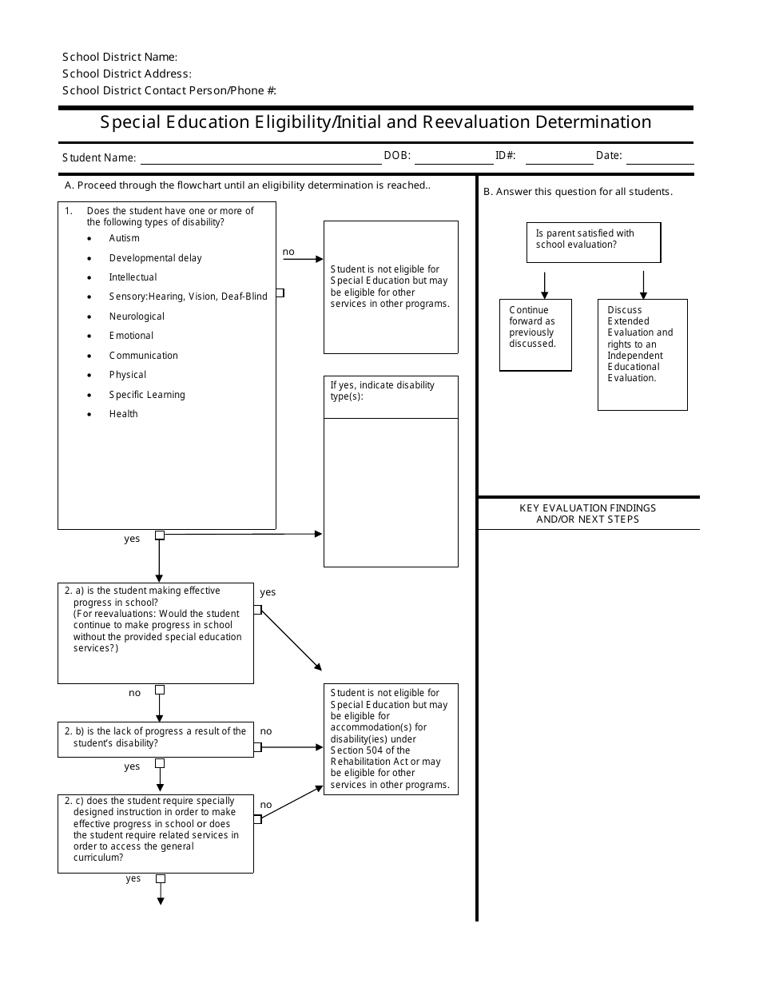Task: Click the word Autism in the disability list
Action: [x=124, y=238]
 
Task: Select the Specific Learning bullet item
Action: [x=146, y=395]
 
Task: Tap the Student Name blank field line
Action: [x=260, y=158]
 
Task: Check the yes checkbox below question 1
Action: [x=160, y=535]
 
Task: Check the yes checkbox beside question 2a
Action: [x=257, y=610]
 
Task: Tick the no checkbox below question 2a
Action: [x=160, y=690]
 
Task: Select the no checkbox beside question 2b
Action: [x=257, y=747]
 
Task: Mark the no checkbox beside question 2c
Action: [x=257, y=819]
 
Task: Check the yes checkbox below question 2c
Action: [x=160, y=879]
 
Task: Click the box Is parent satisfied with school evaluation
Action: [x=593, y=242]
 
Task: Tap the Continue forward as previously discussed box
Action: [x=535, y=335]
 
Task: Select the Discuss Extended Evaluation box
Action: [x=642, y=354]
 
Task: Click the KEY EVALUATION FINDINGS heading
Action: [x=587, y=513]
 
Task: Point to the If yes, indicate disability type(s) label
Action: [x=382, y=391]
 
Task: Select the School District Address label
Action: [x=126, y=74]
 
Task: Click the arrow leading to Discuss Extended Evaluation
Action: [x=643, y=285]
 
